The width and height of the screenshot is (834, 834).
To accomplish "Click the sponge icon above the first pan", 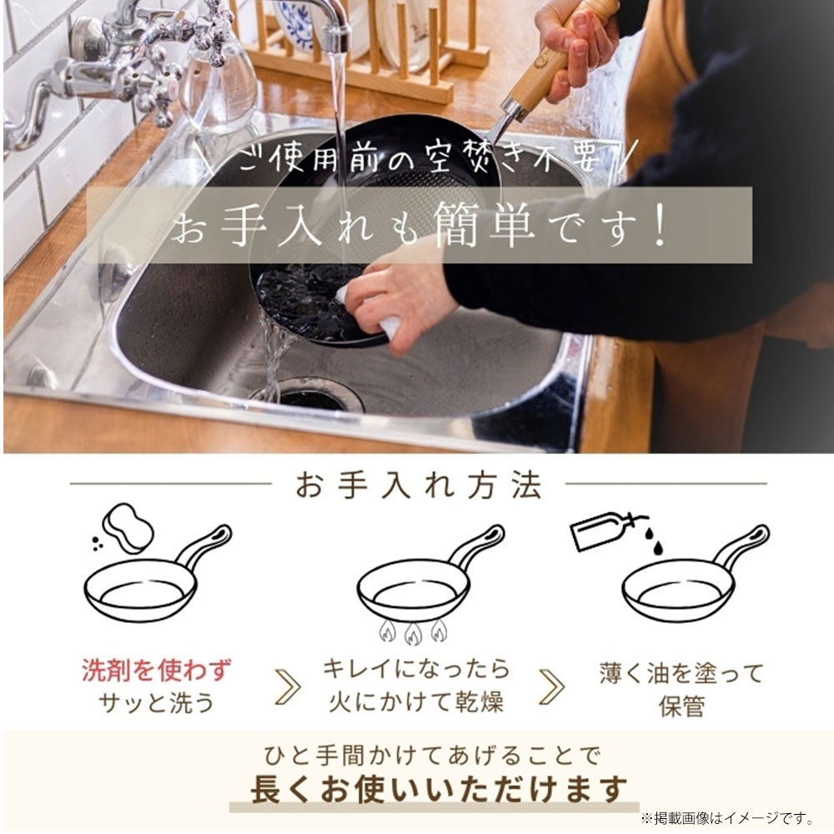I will point(128,528).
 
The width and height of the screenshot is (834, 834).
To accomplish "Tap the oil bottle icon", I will point(599,530).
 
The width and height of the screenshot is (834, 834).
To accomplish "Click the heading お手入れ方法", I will point(418,485).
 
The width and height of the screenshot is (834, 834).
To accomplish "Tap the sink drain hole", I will point(310,398).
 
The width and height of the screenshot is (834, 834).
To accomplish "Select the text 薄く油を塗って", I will point(681,673).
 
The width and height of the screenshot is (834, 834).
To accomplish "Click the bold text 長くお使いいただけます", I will point(440,788).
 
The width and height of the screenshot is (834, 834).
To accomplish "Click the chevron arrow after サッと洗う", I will point(287,686).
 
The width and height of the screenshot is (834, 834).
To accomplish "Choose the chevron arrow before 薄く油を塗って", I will point(551,686).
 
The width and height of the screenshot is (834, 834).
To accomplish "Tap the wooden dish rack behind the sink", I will point(367,58).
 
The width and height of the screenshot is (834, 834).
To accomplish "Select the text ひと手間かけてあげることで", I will point(431,756).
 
